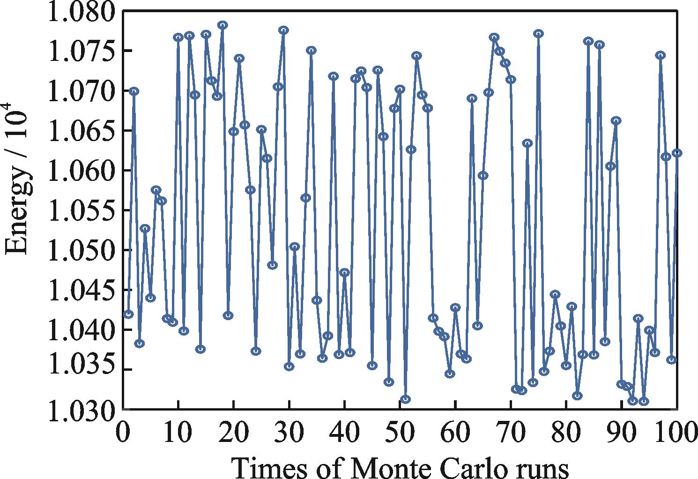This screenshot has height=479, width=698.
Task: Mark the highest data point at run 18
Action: [x=223, y=25]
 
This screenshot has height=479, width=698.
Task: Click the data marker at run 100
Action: [x=676, y=153]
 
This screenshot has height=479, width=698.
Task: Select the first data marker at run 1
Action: [x=129, y=314]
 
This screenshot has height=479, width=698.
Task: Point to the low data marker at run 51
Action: [x=405, y=399]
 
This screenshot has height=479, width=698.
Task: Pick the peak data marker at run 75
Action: [x=538, y=33]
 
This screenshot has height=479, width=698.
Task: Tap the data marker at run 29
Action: [x=283, y=30]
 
